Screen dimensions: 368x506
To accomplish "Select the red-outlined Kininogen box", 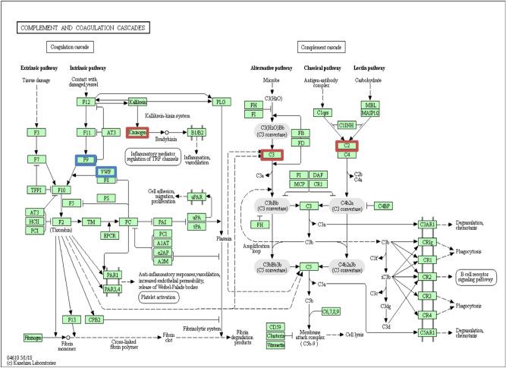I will [137, 132].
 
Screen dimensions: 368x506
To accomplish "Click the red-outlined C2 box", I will [347, 144].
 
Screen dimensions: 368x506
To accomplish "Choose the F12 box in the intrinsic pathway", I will [86, 102].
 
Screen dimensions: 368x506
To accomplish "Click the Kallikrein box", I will [137, 102].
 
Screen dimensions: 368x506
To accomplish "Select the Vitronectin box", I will [275, 345].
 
